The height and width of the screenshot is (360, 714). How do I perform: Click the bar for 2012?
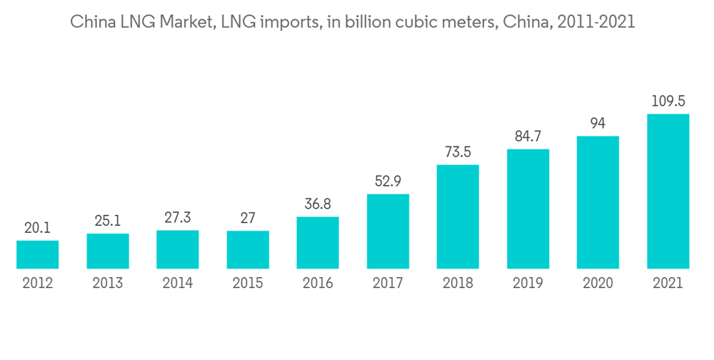click(x=37, y=255)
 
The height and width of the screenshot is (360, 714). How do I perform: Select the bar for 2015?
click(x=248, y=250)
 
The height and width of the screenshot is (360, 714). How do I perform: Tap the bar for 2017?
click(x=388, y=231)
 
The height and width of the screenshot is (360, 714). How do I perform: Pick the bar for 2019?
click(x=528, y=209)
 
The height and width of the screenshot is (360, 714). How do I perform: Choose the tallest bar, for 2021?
click(x=668, y=191)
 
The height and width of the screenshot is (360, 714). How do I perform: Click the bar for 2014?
click(x=178, y=250)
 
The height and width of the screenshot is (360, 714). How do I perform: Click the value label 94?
click(x=598, y=124)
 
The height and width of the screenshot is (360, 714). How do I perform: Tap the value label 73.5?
click(x=458, y=153)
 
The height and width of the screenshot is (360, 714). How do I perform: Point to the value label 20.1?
click(x=37, y=229)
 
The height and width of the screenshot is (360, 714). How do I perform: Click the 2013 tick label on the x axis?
click(x=108, y=283)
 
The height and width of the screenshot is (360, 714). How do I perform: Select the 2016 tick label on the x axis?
click(x=318, y=283)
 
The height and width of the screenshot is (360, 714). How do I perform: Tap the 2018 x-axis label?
click(x=458, y=283)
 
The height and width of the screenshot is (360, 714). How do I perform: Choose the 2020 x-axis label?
click(x=598, y=283)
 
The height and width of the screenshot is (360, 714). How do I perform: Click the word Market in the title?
click(x=187, y=23)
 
